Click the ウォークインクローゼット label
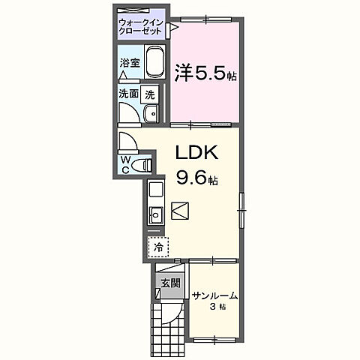click(142, 28)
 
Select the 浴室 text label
click(129, 64)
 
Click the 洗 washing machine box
click(151, 95)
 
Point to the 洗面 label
click(128, 94)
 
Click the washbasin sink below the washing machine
click(149, 114)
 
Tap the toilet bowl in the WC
click(144, 163)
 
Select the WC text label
click(125, 163)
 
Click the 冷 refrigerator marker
click(158, 244)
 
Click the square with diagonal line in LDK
click(181, 211)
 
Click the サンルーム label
click(214, 295)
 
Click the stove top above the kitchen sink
click(155, 189)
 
